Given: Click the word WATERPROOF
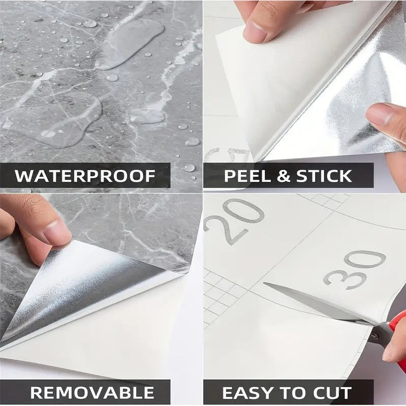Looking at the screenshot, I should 85,176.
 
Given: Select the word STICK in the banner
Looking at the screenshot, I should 324,176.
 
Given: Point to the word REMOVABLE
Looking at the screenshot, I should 92,392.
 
